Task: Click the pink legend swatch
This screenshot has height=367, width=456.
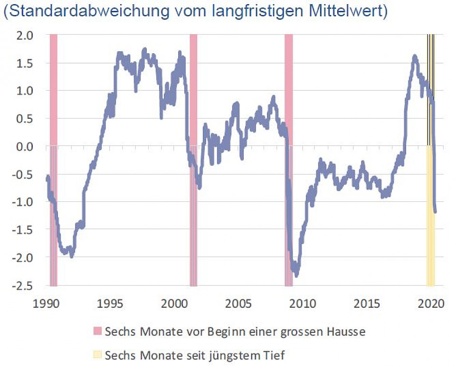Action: [98, 331]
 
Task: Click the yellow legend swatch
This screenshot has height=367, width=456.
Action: [98, 355]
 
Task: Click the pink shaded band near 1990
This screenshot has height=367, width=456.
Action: [54, 95]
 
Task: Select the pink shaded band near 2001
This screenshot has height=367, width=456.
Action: [193, 95]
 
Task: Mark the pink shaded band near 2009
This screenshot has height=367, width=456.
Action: [288, 95]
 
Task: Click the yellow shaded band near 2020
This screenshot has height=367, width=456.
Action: [431, 237]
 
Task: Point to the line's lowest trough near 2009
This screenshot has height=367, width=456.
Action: [296, 274]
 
